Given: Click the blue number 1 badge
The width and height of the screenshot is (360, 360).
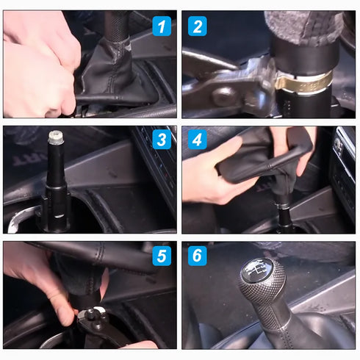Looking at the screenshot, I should tap(162, 27).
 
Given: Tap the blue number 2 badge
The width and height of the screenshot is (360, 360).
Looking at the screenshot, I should tap(196, 27).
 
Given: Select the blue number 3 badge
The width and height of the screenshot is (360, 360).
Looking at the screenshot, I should tap(162, 140).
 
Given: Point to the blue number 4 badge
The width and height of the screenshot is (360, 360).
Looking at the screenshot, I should tap(196, 140).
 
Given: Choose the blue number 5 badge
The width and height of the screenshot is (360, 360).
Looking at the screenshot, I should tap(162, 256).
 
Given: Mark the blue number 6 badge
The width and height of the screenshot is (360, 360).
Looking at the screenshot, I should tap(196, 256).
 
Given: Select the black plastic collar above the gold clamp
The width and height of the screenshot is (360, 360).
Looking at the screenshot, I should tap(301, 55).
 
